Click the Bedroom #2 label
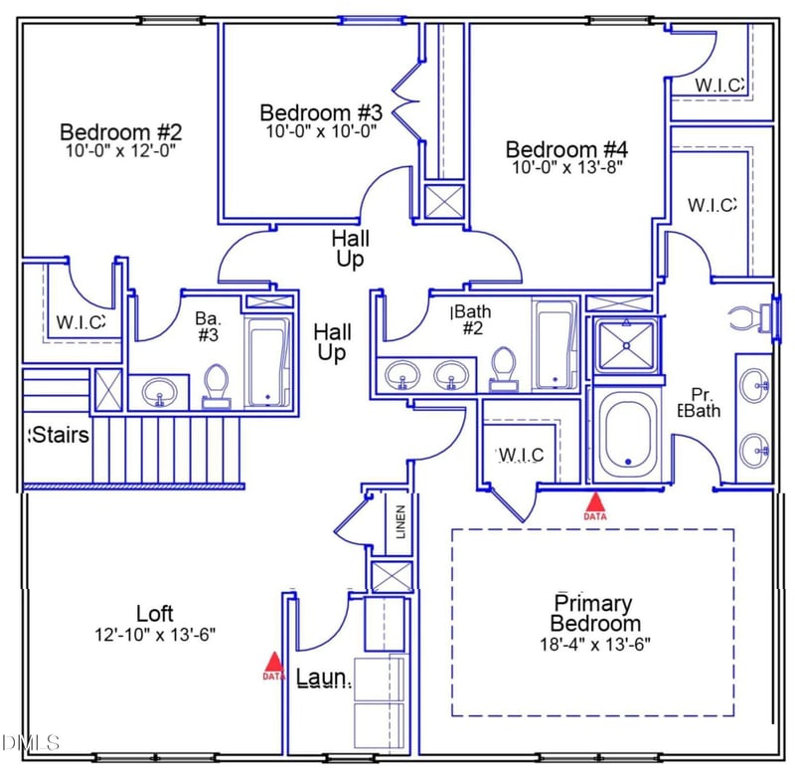[121, 131]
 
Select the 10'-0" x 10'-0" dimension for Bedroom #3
[320, 131]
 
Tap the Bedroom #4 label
[566, 150]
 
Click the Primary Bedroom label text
[595, 613]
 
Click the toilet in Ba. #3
[215, 386]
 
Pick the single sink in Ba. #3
[159, 393]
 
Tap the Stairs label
[60, 436]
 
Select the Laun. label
[324, 679]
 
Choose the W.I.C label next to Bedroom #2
[80, 321]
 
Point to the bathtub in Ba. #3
[267, 363]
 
